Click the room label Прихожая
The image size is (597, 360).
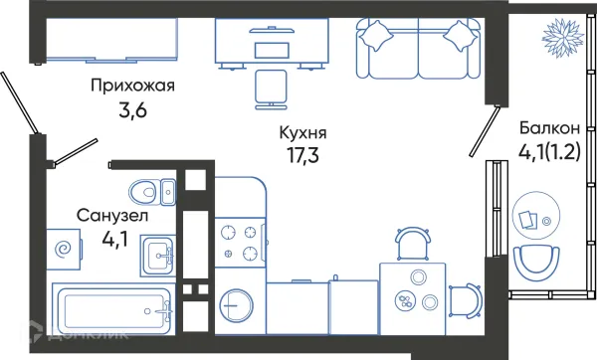click(x=131, y=86)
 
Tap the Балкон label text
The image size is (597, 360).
click(x=550, y=128)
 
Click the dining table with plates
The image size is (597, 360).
click(x=412, y=291)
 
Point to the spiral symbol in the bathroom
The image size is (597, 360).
click(x=64, y=250)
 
